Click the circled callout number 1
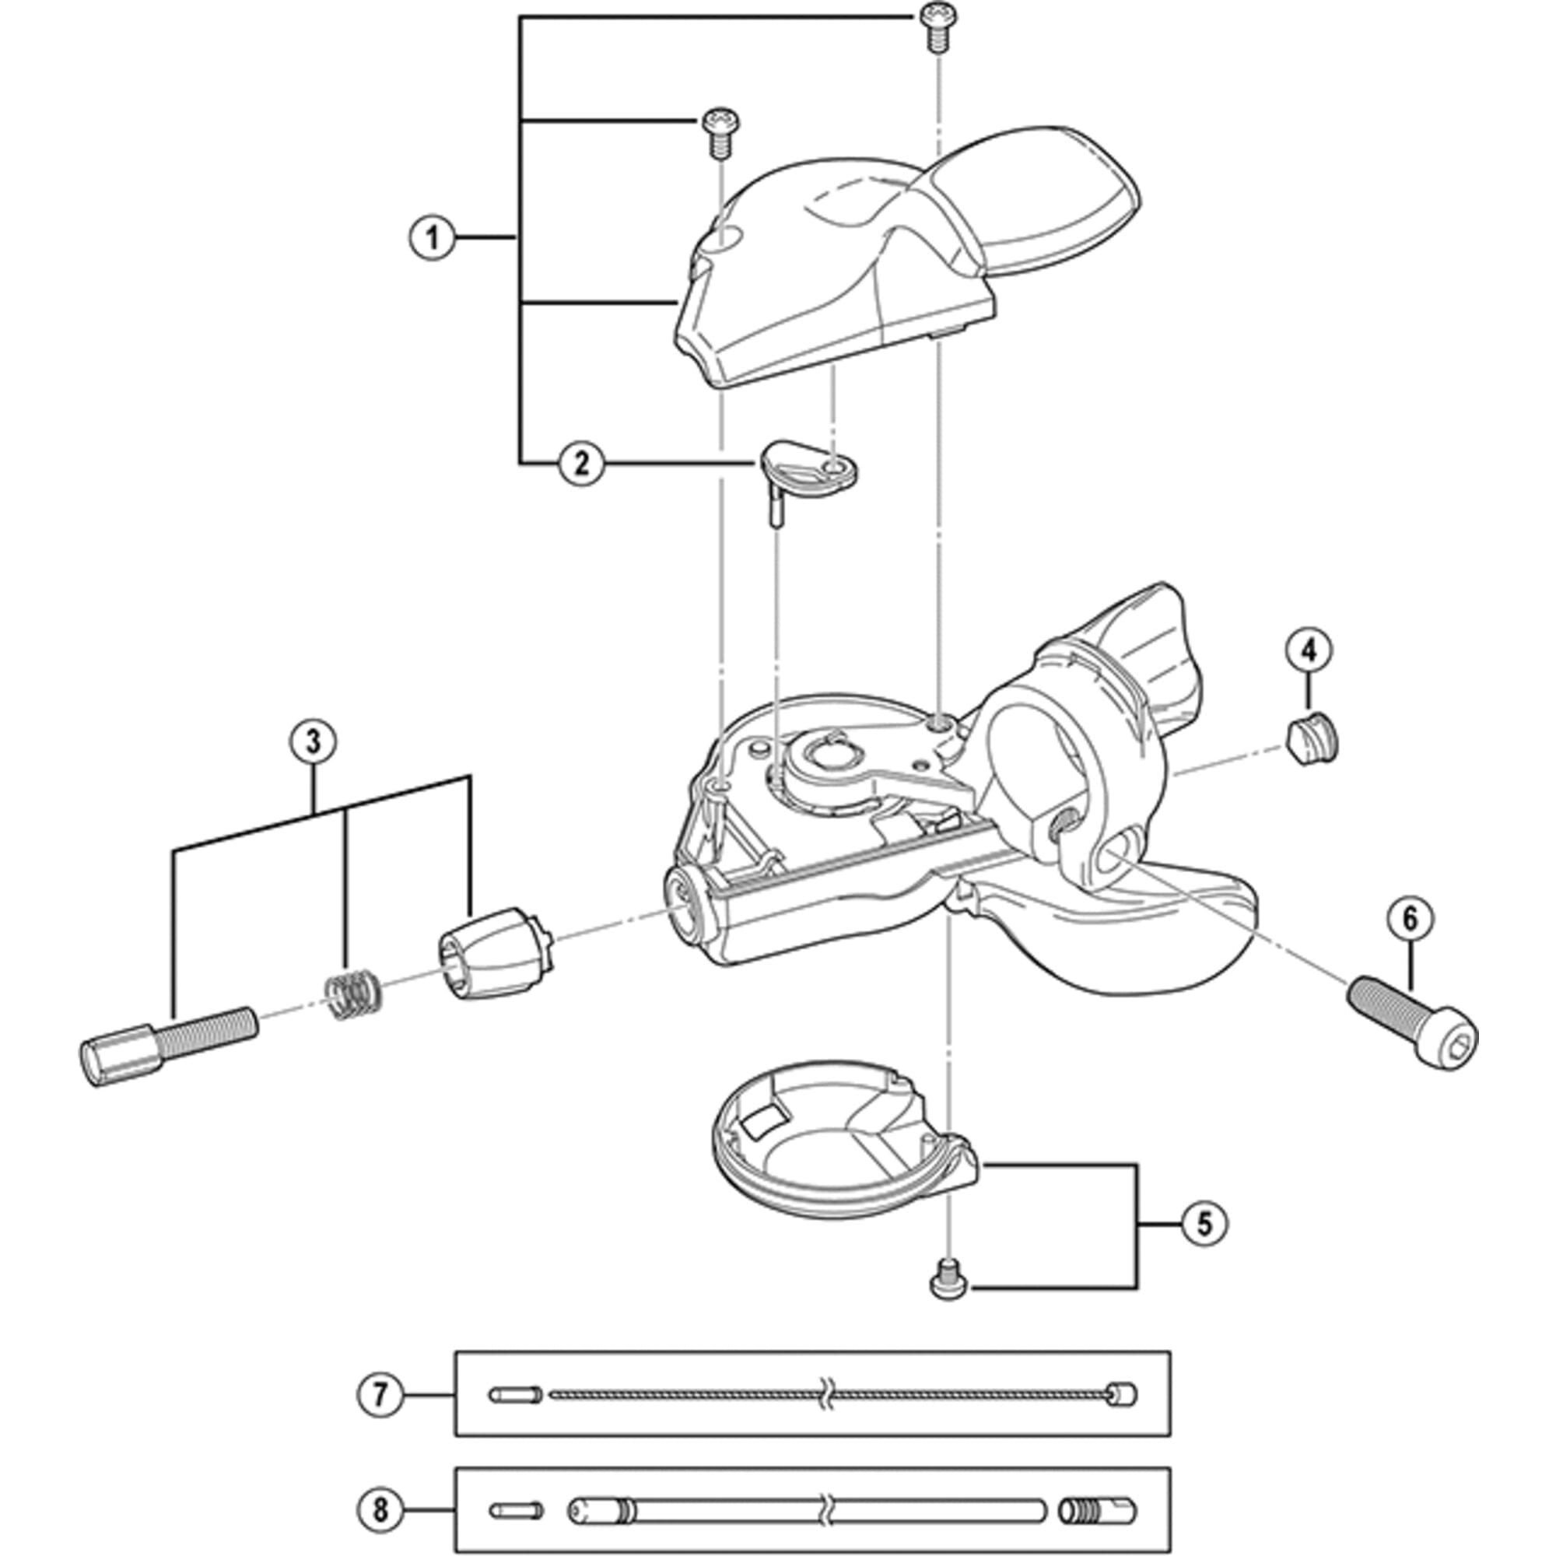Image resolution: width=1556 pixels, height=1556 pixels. pos(433,237)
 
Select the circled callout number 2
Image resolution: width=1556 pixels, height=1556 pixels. pos(580,463)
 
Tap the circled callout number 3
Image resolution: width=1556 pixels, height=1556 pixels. pos(314,741)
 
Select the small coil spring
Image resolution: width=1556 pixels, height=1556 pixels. pos(352,996)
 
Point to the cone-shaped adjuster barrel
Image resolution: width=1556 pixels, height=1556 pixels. pos(495,952)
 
